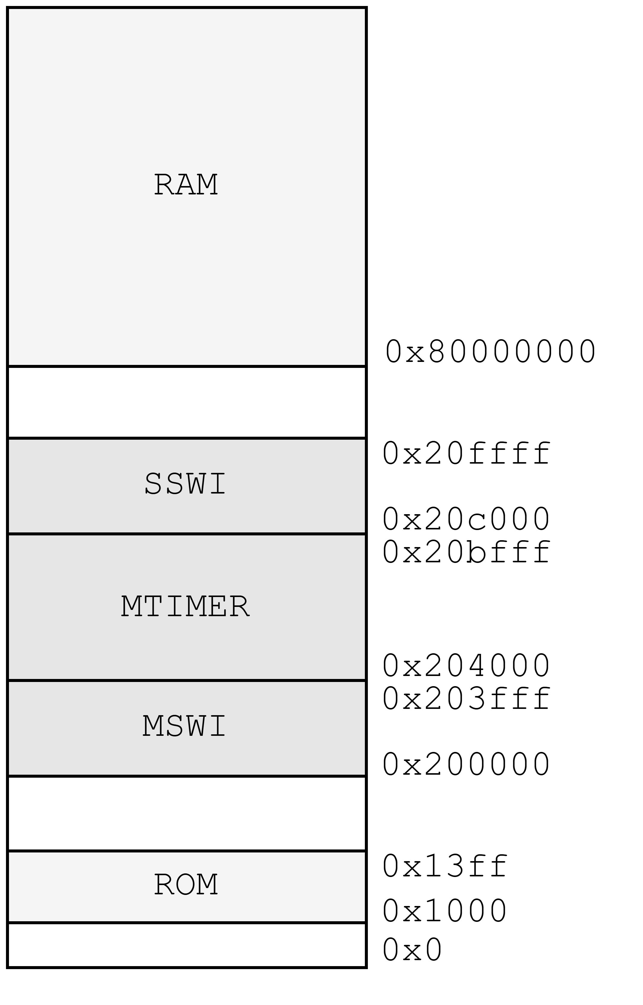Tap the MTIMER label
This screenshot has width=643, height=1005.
185,606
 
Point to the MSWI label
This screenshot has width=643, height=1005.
184,726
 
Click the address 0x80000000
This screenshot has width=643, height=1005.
490,351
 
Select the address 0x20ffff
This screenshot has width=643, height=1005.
466,453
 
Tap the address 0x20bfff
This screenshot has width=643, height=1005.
466,552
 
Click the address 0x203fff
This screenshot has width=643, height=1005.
466,698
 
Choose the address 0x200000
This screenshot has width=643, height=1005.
466,765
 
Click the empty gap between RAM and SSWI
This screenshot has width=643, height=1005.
187,402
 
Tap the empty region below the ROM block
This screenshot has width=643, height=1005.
187,945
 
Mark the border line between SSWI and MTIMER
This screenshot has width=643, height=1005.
187,534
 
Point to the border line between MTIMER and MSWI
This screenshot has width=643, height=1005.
187,680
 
